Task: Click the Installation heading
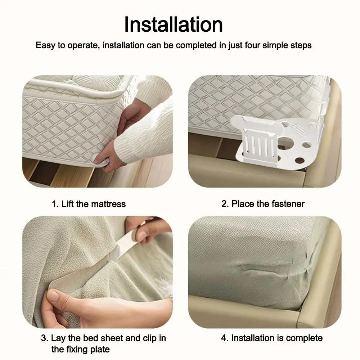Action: [x=174, y=24]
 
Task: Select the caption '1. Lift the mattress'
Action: [x=89, y=204]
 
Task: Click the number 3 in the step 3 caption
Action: [x=44, y=338]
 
